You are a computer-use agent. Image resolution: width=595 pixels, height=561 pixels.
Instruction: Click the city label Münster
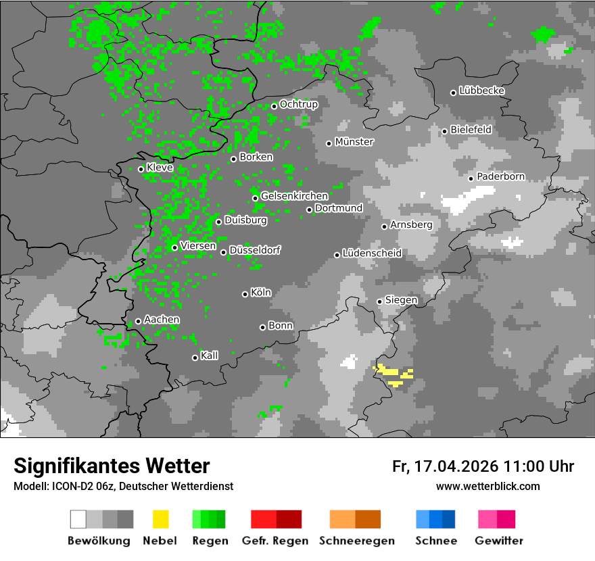(354, 142)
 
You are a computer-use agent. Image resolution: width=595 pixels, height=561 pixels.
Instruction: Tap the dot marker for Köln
(245, 294)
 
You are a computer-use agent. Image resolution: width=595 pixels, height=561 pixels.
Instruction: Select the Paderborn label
(500, 176)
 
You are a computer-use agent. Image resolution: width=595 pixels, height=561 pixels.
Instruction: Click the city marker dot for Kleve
(141, 169)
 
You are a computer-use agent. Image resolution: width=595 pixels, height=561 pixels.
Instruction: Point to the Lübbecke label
(481, 91)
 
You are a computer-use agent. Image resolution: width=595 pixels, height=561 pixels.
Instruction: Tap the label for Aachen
(162, 320)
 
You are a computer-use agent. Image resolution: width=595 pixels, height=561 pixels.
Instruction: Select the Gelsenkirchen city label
(294, 196)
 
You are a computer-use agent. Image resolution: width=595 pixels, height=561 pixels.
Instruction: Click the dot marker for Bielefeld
(444, 131)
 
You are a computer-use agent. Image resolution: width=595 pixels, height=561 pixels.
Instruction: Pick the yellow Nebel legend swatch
(160, 519)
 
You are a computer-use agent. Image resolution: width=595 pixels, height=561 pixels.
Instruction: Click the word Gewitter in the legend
(498, 541)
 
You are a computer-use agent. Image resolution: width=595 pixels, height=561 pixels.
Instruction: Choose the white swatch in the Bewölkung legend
(78, 519)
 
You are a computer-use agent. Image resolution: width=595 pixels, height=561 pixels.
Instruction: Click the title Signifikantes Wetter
(112, 466)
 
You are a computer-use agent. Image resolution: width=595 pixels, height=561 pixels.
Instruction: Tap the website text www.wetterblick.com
(487, 486)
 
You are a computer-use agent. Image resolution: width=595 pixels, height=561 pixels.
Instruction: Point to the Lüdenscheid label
(372, 253)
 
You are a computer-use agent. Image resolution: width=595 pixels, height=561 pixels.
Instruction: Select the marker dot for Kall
(195, 358)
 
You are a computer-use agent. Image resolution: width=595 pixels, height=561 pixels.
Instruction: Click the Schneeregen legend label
(356, 541)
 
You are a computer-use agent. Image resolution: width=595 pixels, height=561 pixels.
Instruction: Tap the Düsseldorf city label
(255, 250)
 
